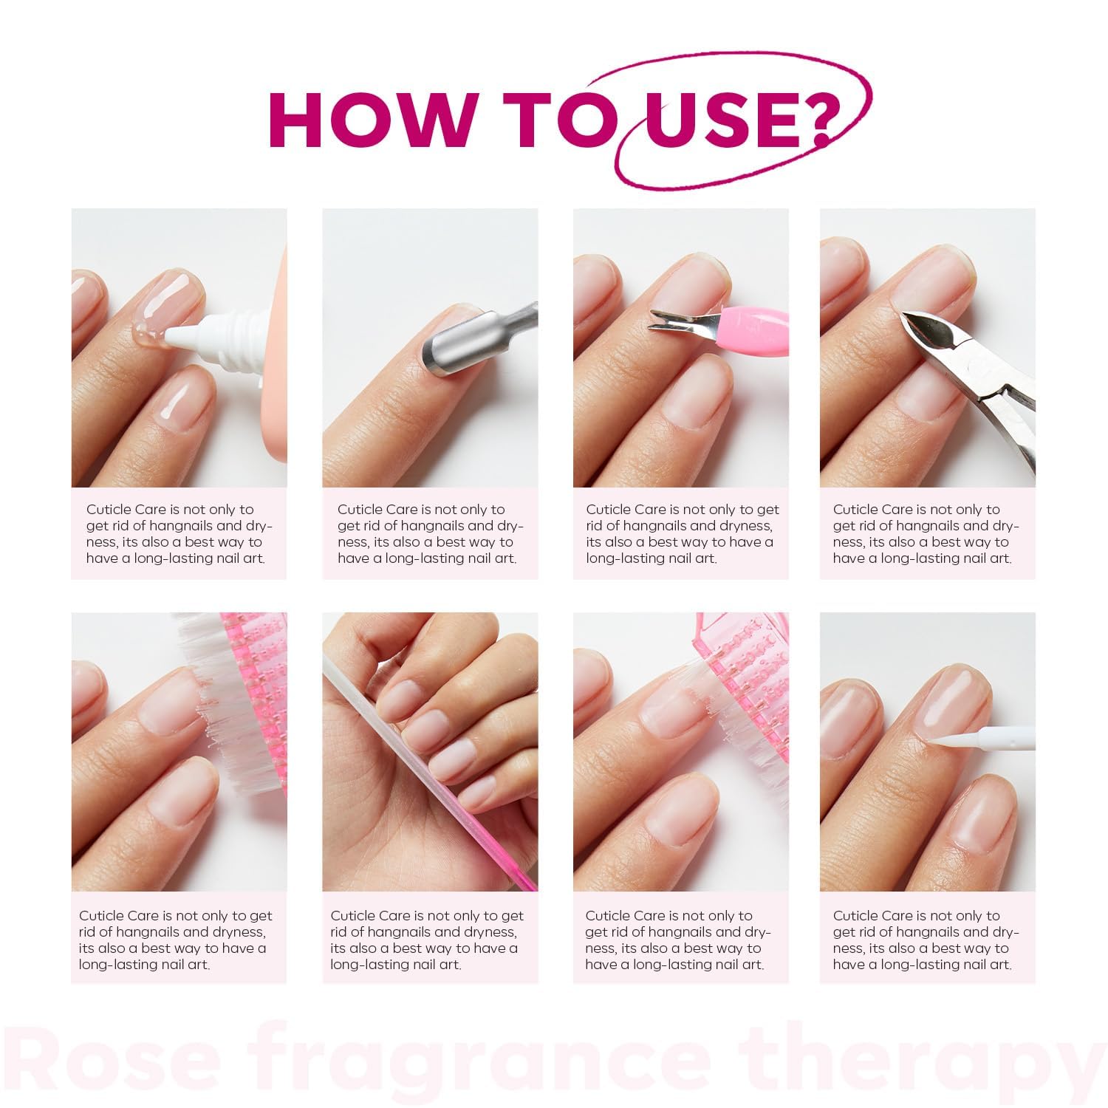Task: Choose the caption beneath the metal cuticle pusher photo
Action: point(429,533)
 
